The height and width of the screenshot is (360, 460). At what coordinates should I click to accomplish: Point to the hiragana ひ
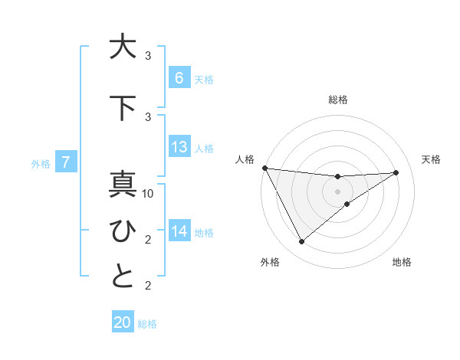(x=122, y=230)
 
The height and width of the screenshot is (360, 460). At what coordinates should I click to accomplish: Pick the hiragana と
(x=122, y=277)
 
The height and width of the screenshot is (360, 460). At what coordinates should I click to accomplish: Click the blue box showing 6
(x=179, y=77)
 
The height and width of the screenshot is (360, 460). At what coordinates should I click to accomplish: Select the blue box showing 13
(x=179, y=147)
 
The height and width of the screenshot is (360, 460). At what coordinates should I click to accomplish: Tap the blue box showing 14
(x=179, y=231)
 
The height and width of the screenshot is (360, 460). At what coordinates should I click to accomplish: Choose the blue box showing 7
(x=67, y=162)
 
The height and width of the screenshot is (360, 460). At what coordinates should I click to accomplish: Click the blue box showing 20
(x=123, y=322)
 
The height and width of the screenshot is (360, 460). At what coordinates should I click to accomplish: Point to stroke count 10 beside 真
(x=148, y=194)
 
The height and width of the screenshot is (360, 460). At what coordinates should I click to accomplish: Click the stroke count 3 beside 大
(x=148, y=56)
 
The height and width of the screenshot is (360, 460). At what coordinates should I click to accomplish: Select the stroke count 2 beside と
(x=148, y=286)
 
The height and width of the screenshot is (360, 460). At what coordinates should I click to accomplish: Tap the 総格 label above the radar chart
(x=337, y=100)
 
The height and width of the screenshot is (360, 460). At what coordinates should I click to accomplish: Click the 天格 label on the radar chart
(x=431, y=159)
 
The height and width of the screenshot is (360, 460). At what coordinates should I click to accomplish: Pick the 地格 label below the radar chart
(x=402, y=262)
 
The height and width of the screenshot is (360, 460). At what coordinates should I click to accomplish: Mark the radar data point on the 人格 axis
(x=264, y=168)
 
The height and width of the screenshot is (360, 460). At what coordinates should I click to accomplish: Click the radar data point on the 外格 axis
(x=301, y=242)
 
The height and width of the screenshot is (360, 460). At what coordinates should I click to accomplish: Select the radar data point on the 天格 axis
(x=396, y=172)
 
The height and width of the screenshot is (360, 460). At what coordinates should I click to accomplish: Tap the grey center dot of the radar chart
(x=337, y=191)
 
